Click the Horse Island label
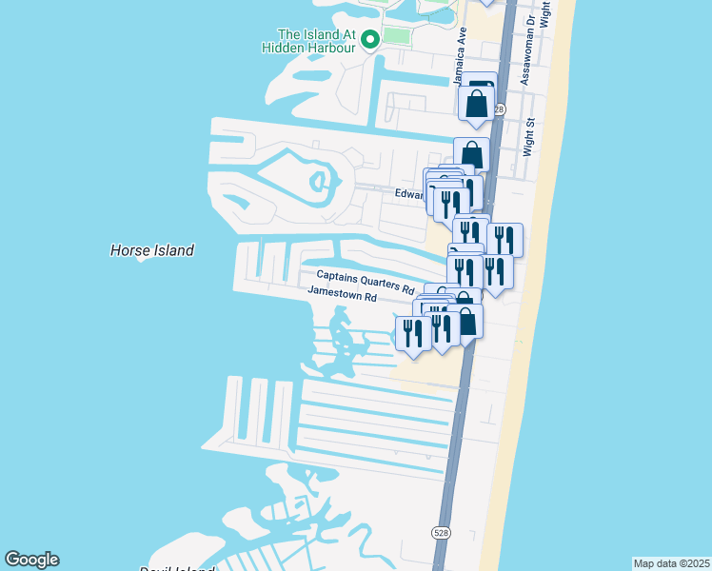[x=152, y=250]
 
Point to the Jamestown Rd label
[x=343, y=297]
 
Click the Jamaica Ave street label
[x=462, y=57]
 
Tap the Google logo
[x=31, y=560]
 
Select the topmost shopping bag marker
[x=478, y=102]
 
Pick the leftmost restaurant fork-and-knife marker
[x=413, y=332]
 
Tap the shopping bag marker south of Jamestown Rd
[x=466, y=321]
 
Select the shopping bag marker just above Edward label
[x=471, y=153]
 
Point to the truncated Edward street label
[x=408, y=194]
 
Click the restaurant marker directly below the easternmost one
[x=495, y=270]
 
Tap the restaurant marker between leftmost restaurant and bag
[x=441, y=328]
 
